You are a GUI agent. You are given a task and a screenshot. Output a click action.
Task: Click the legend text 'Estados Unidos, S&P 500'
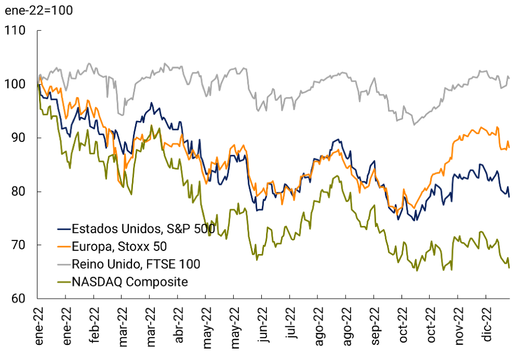click(x=136, y=229)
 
